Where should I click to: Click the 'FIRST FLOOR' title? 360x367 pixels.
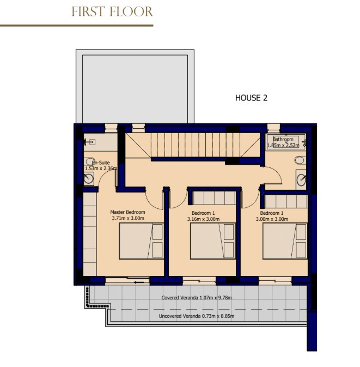point(112,11)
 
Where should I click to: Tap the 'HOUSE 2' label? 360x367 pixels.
point(251,98)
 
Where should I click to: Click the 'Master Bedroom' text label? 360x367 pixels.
point(127,212)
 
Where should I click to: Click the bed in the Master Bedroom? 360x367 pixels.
point(141,241)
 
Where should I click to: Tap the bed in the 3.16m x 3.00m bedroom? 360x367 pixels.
point(212,241)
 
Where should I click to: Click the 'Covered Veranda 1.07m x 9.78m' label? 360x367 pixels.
point(197,298)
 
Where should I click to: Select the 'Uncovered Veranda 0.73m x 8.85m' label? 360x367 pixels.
point(196,316)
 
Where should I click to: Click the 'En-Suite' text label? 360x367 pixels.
point(101,163)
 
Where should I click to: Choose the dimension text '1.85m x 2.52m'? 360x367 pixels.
point(284,146)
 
